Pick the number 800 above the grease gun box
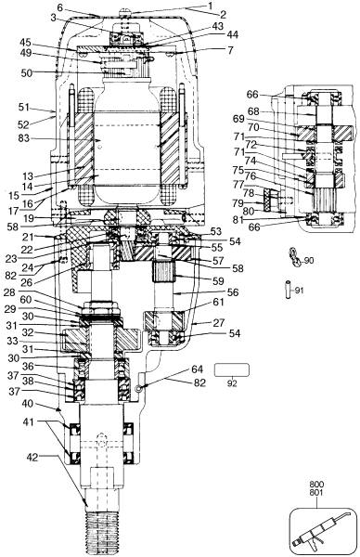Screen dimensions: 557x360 click(316, 486)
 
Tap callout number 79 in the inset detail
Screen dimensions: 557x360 click(239, 202)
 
